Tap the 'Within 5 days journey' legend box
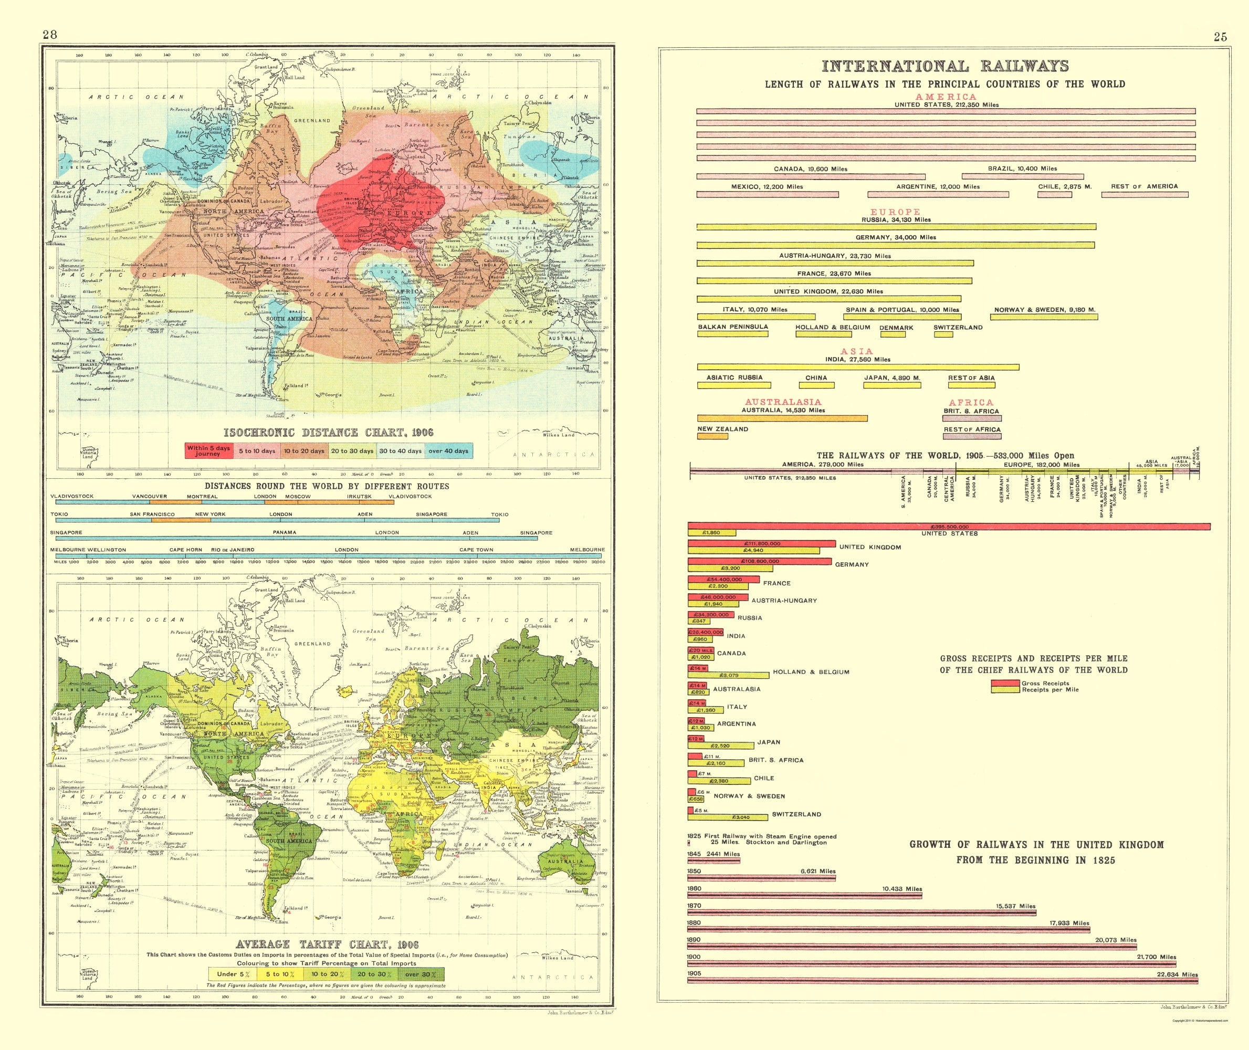point(208,450)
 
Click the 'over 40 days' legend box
point(448,450)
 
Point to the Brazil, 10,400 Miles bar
point(1022,177)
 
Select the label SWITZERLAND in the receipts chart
point(796,814)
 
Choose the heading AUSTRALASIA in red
point(783,402)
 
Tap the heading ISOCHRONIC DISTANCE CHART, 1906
point(329,432)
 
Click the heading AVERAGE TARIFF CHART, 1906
point(328,944)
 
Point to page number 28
point(50,35)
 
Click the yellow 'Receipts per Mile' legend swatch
point(1005,690)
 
